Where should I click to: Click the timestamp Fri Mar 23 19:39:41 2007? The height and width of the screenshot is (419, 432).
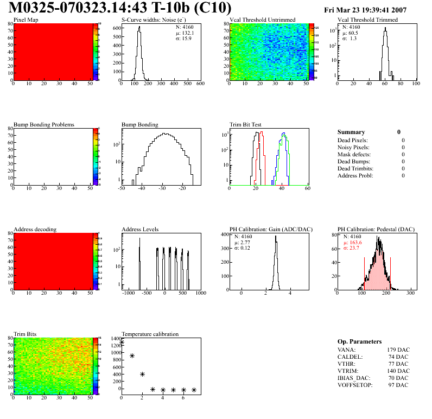[x=373, y=10]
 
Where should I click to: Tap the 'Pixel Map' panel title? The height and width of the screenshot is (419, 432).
[x=26, y=20]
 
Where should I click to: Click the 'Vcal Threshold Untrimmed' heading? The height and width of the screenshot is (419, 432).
[x=263, y=20]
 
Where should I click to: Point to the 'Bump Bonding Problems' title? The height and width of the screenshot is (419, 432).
[x=44, y=125]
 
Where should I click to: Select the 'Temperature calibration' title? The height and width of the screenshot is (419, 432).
[x=150, y=334]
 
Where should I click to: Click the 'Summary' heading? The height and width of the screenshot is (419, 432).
[x=351, y=132]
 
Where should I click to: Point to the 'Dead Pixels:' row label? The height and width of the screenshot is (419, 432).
[x=353, y=140]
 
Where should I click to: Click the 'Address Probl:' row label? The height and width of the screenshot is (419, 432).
[x=355, y=175]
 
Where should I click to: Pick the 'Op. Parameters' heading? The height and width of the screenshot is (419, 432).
[x=359, y=341]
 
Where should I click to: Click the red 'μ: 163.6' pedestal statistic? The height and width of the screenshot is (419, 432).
[x=353, y=243]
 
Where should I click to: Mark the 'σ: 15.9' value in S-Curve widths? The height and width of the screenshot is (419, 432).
[x=183, y=38]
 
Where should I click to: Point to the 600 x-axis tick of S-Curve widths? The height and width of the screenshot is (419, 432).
[x=200, y=84]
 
